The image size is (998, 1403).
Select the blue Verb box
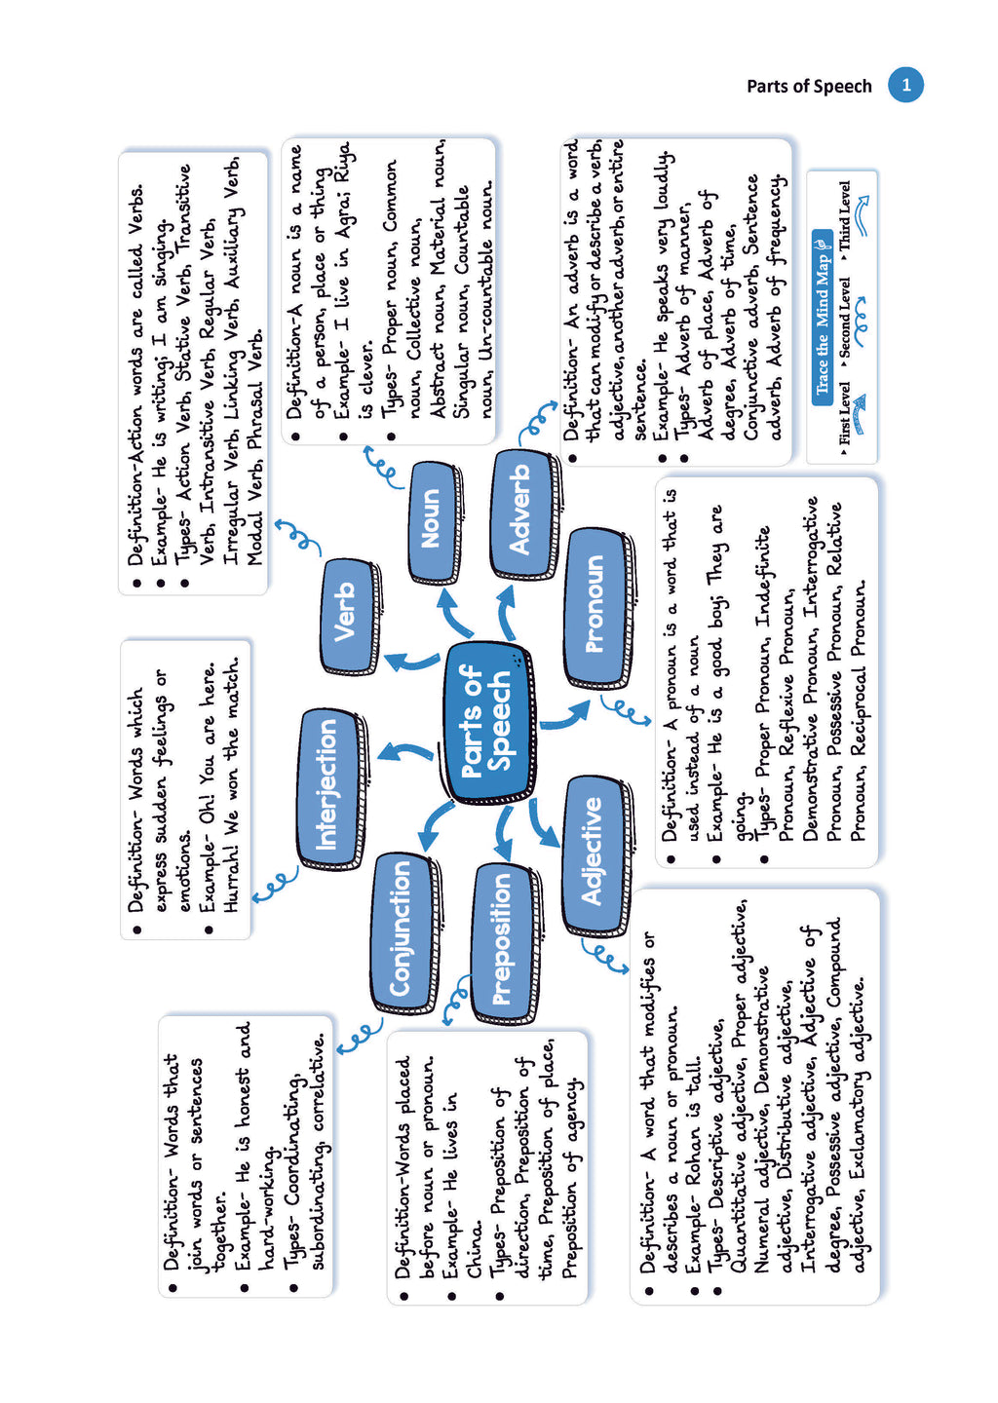click(345, 615)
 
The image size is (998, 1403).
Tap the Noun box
click(432, 519)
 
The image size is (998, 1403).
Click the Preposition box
click(502, 939)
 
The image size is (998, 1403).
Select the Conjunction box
click(402, 929)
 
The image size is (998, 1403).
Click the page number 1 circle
click(905, 85)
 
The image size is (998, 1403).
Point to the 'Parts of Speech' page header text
click(809, 86)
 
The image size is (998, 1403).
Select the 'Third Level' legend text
click(844, 216)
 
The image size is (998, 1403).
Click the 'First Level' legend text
click(844, 414)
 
